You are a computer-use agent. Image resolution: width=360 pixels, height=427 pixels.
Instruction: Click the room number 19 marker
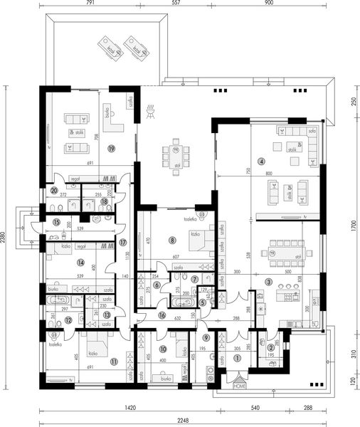pyautogui.click(x=112, y=148)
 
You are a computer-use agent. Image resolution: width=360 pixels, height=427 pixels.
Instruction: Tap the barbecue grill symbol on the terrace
pyautogui.click(x=150, y=110)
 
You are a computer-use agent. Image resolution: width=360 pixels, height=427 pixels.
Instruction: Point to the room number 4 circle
pyautogui.click(x=261, y=162)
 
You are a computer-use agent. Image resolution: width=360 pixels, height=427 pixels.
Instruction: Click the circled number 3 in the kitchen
pyautogui.click(x=269, y=283)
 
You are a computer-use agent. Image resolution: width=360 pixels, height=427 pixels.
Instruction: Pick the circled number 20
pyautogui.click(x=54, y=190)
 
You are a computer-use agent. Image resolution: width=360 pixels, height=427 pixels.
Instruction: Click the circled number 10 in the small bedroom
pyautogui.click(x=163, y=349)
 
